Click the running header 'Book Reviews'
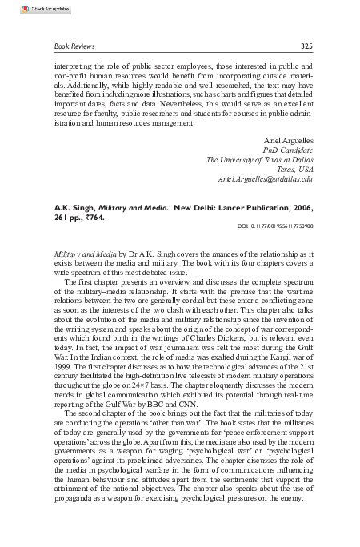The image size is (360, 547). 70,45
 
